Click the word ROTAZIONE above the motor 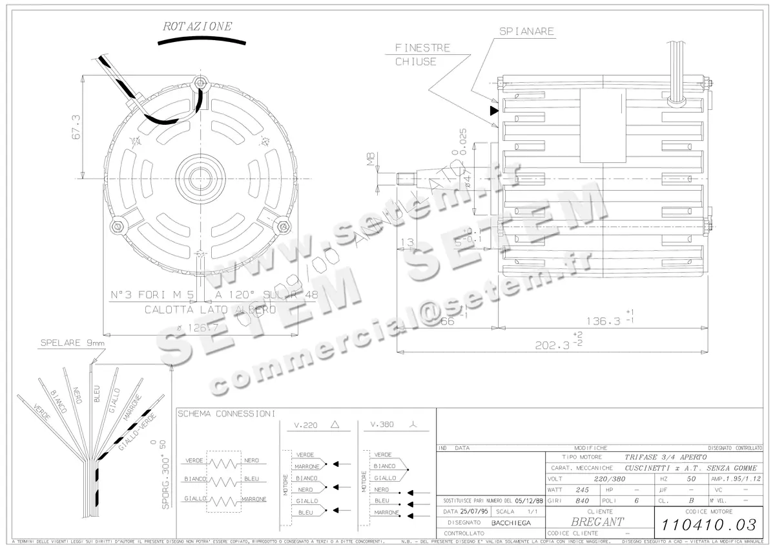(x=197, y=27)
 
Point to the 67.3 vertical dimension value (x=76, y=127)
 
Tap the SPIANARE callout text (x=526, y=31)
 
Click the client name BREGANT (x=597, y=521)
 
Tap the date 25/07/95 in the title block (x=475, y=511)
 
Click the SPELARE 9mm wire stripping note (x=72, y=343)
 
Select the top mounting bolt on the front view (x=200, y=83)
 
